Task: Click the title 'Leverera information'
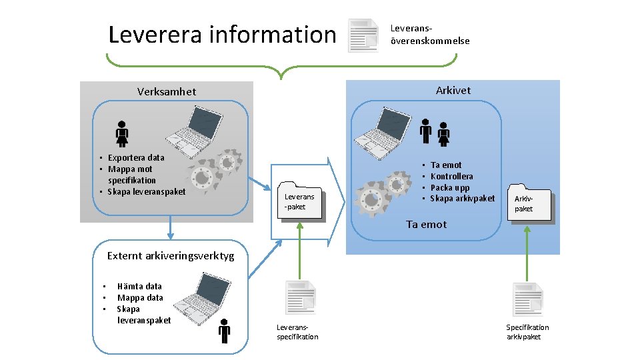[x=222, y=34]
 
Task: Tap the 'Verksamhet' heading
[x=167, y=91]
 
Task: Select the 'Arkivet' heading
[x=453, y=90]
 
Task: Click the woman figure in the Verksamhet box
[x=122, y=133]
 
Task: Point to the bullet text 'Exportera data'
[x=136, y=158]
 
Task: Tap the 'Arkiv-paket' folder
[x=524, y=203]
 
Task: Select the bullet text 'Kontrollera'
[x=451, y=176]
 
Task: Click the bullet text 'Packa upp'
[x=450, y=187]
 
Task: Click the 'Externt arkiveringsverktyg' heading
[x=171, y=255]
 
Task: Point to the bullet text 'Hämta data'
[x=139, y=286]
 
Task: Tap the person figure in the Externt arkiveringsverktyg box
[x=224, y=331]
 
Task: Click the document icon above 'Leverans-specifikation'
[x=299, y=297]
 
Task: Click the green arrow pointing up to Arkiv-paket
[x=527, y=253]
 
